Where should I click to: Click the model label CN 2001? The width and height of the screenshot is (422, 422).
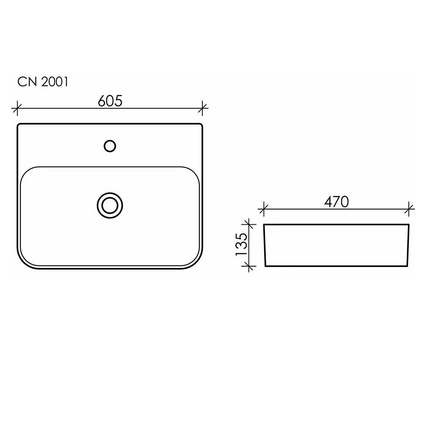[x=43, y=82]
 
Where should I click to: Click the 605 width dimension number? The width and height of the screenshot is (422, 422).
[x=110, y=101]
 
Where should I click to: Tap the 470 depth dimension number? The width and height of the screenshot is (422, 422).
[x=336, y=202]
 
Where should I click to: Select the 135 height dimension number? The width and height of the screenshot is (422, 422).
[x=241, y=244]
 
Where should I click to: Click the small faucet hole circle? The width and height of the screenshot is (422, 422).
[x=110, y=146]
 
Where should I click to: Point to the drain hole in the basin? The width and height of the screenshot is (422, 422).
[x=110, y=206]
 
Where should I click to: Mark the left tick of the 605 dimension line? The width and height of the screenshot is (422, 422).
[x=17, y=108]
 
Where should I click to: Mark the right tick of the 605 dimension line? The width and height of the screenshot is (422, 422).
[x=202, y=108]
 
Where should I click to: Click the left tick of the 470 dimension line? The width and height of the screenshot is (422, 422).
[x=263, y=209]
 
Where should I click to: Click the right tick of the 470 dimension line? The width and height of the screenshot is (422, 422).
[x=409, y=209]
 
